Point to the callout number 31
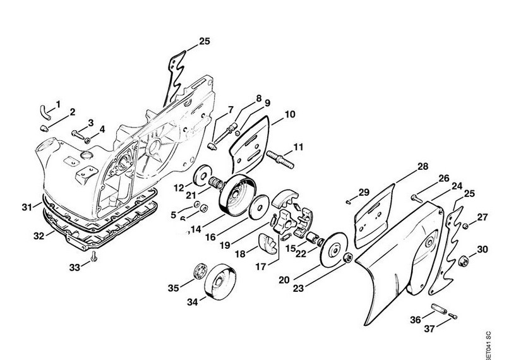(26, 207)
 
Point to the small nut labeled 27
(464, 226)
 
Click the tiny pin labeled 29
(348, 201)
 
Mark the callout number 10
(290, 115)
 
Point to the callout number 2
(72, 112)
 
